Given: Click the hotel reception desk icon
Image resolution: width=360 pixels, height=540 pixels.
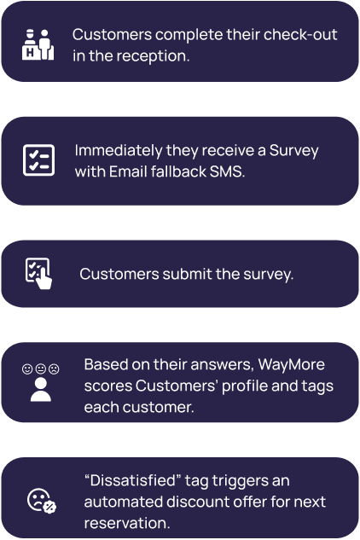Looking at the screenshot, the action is tap(38, 44).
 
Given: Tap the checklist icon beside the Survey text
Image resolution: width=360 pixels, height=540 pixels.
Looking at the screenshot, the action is tap(38, 160).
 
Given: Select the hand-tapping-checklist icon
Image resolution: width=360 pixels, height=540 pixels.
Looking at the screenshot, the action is tap(38, 274).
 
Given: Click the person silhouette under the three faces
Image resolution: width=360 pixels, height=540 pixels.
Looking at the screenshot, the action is tap(41, 390).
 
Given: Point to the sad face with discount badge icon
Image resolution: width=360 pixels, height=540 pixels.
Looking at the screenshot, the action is tap(42, 501).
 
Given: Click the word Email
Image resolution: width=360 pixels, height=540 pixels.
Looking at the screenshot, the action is tap(128, 171).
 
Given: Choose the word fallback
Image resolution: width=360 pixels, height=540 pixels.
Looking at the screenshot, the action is tap(178, 171).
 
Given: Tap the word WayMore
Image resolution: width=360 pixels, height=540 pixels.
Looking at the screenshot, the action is tap(291, 364).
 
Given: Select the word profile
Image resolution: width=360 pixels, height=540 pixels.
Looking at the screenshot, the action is tap(245, 386).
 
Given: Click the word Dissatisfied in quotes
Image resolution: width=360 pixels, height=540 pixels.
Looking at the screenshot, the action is tap(133, 480).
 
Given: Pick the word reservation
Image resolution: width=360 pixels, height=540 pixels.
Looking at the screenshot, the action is tap(127, 523).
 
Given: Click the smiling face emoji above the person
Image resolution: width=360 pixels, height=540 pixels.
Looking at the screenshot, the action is tap(27, 369).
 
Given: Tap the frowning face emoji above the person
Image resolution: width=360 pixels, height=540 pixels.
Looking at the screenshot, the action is tap(54, 369).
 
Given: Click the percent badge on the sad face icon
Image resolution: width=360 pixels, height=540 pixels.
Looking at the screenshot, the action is tap(50, 507).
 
